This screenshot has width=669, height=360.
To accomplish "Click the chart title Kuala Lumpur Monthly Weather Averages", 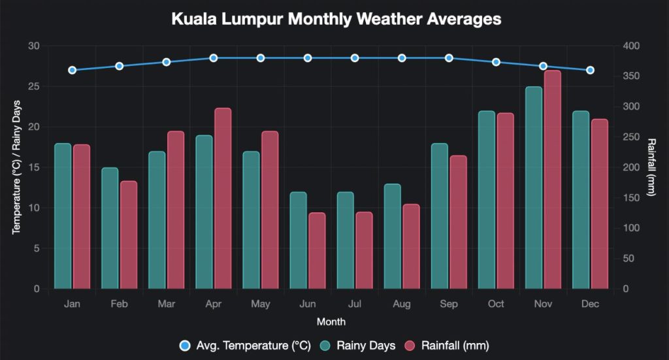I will pyautogui.click(x=336, y=20).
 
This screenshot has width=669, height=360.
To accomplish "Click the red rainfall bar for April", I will pyautogui.click(x=223, y=199).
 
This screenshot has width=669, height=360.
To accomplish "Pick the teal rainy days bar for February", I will pyautogui.click(x=110, y=229).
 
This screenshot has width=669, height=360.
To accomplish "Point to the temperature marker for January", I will pyautogui.click(x=73, y=70).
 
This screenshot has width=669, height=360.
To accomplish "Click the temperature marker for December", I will pyautogui.click(x=590, y=70).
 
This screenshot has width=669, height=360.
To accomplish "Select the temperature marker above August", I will pyautogui.click(x=402, y=58).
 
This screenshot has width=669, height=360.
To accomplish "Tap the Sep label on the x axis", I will pyautogui.click(x=449, y=304).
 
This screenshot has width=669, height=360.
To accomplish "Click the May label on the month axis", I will pyautogui.click(x=261, y=304).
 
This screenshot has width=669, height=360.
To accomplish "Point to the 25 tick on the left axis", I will pyautogui.click(x=34, y=86).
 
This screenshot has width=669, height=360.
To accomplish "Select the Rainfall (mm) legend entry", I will pyautogui.click(x=447, y=345).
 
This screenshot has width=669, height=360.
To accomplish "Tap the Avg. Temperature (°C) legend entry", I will pyautogui.click(x=245, y=345).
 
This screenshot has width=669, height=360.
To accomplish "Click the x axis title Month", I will pyautogui.click(x=331, y=322).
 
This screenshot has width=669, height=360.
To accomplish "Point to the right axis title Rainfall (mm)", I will pyautogui.click(x=651, y=167).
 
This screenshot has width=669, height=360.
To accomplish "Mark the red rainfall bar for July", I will pyautogui.click(x=364, y=250).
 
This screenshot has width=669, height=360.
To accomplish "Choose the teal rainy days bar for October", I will pyautogui.click(x=487, y=200).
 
